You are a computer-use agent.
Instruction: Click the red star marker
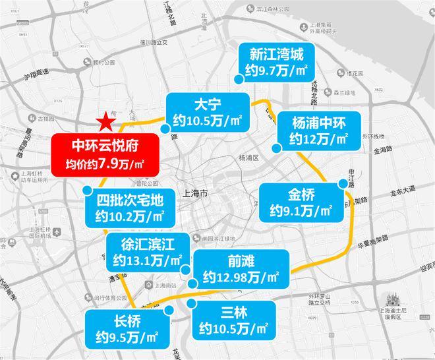tap(105, 121)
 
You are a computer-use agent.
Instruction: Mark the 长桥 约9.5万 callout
tap(125, 331)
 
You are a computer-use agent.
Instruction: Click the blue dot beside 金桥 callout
tap(343, 183)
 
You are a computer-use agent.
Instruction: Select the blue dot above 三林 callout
tap(191, 303)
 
